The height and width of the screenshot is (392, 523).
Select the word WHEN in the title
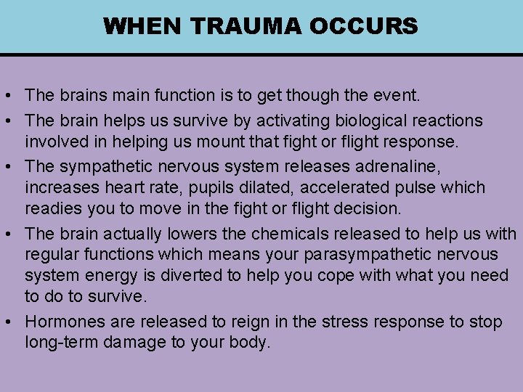click(x=143, y=27)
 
